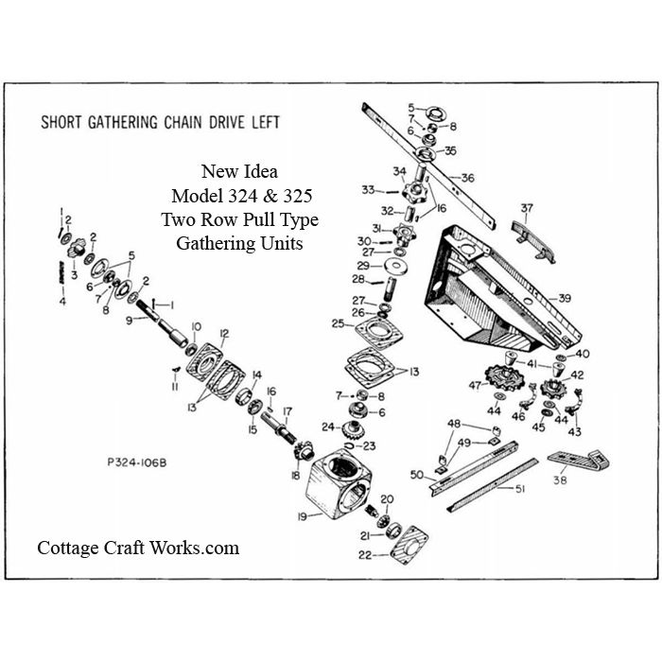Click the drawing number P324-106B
[137, 462]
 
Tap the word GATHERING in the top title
[123, 122]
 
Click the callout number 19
[303, 516]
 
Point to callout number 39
[565, 298]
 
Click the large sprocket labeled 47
[505, 377]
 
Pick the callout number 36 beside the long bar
[467, 178]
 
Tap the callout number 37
[527, 208]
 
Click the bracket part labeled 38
[579, 461]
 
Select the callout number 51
[520, 489]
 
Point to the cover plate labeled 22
[409, 545]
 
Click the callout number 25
[338, 323]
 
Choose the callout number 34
[399, 171]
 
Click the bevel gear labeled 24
[354, 429]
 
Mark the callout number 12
[224, 334]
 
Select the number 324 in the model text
[242, 196]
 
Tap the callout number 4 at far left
[62, 302]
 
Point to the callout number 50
[417, 475]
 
